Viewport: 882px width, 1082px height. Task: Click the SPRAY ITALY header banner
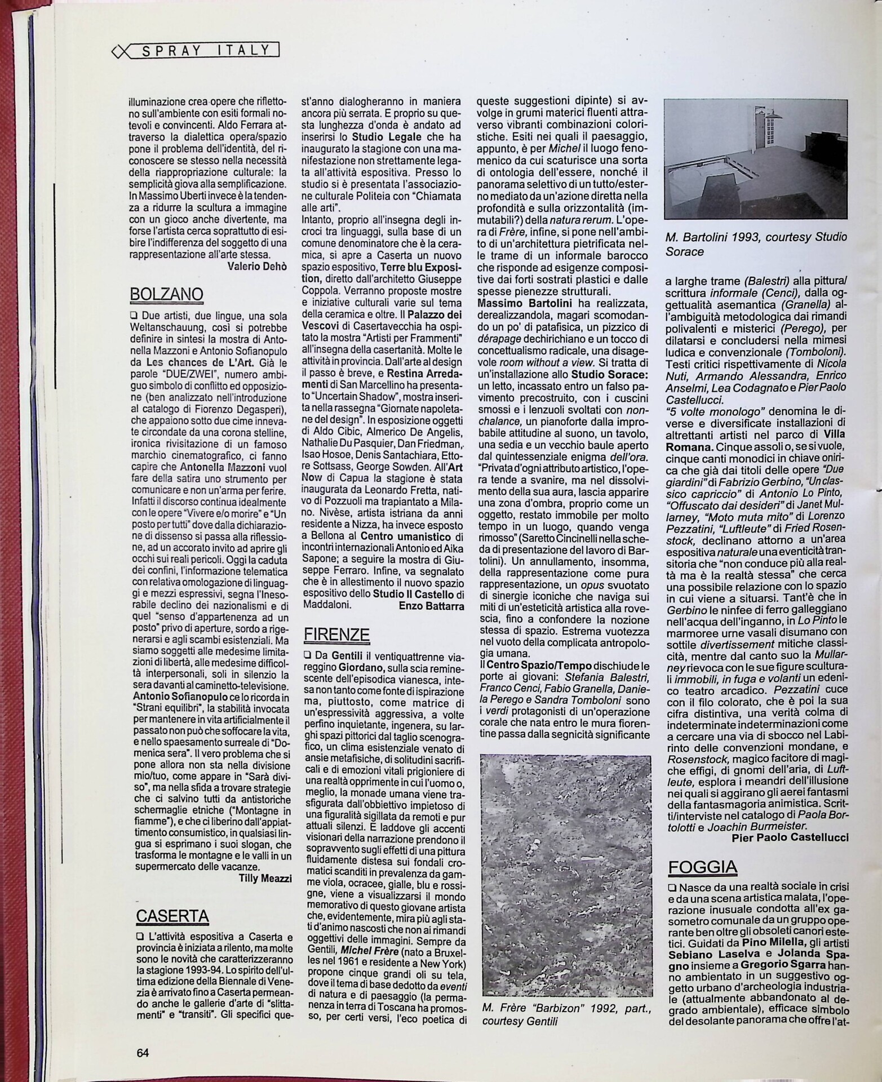(197, 51)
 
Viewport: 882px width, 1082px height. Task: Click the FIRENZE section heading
(337, 635)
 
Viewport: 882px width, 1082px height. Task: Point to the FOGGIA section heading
(702, 867)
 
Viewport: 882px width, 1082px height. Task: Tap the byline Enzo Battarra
(432, 606)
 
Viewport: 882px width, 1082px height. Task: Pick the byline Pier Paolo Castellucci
(790, 838)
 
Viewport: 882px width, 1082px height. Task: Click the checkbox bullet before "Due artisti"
(134, 314)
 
